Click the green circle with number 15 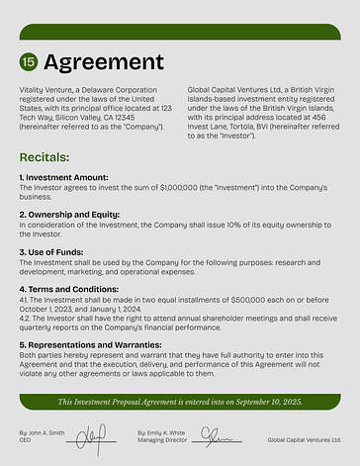(29, 61)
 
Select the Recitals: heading (45, 157)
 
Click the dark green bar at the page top (180, 31)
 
